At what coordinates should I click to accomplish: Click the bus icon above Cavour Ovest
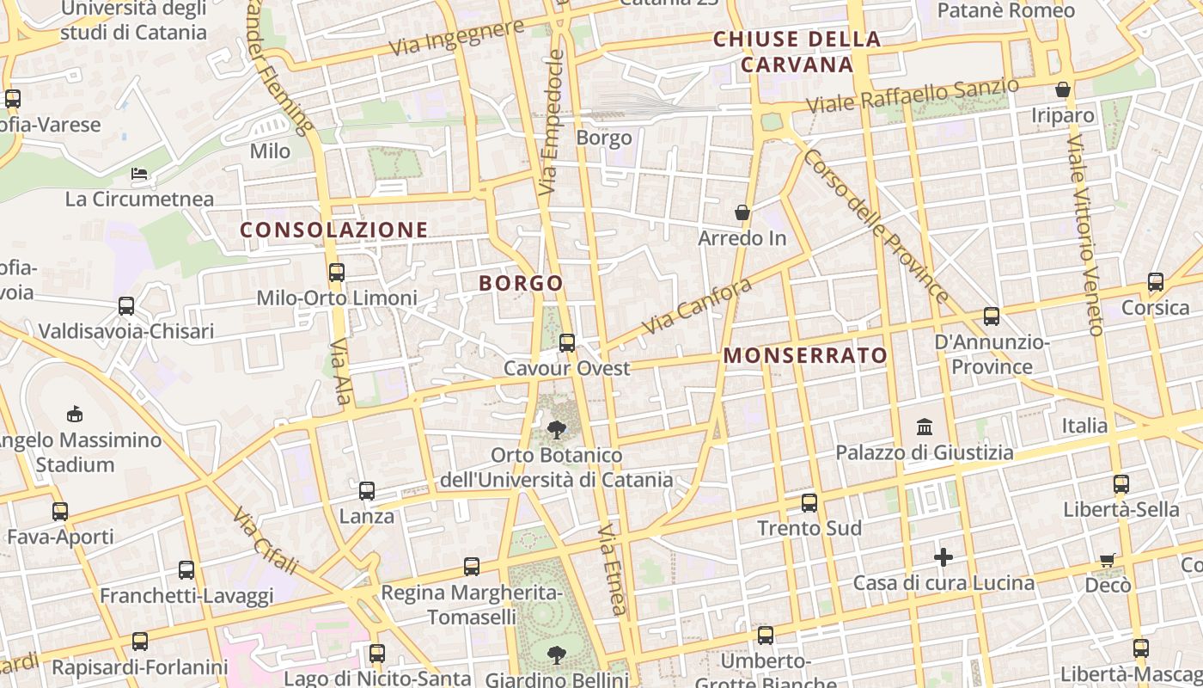pyautogui.click(x=567, y=343)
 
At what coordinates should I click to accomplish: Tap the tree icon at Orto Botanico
pyautogui.click(x=557, y=429)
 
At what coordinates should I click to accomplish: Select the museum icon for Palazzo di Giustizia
pyautogui.click(x=925, y=427)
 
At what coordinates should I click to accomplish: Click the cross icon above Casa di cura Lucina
pyautogui.click(x=943, y=557)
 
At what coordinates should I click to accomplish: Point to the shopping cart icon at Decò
pyautogui.click(x=1108, y=560)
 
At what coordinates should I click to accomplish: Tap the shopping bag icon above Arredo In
pyautogui.click(x=742, y=212)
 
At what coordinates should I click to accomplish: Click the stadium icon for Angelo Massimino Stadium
pyautogui.click(x=75, y=414)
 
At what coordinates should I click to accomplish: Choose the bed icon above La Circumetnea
pyautogui.click(x=139, y=174)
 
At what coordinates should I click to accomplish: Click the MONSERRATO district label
pyautogui.click(x=805, y=355)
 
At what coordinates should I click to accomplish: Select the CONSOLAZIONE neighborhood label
pyautogui.click(x=334, y=230)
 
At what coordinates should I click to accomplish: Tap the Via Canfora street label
pyautogui.click(x=696, y=306)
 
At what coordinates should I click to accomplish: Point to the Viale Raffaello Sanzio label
pyautogui.click(x=913, y=95)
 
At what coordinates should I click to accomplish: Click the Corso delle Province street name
pyautogui.click(x=876, y=226)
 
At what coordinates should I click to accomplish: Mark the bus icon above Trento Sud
pyautogui.click(x=809, y=502)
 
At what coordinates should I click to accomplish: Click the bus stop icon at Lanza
pyautogui.click(x=367, y=491)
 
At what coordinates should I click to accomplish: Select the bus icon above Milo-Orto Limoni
pyautogui.click(x=337, y=273)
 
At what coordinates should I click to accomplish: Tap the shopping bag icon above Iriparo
pyautogui.click(x=1063, y=89)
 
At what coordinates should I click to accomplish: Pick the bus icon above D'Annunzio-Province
pyautogui.click(x=992, y=316)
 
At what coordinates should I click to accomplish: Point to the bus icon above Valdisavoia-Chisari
pyautogui.click(x=126, y=306)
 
